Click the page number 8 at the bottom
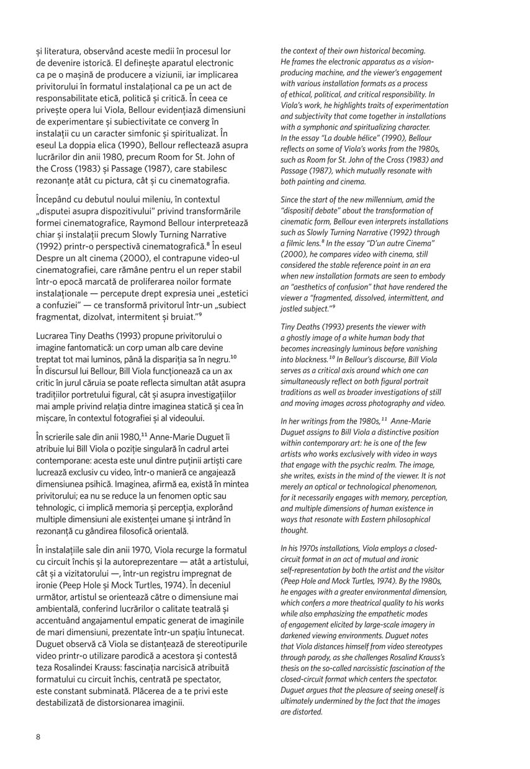pos(38,737)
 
